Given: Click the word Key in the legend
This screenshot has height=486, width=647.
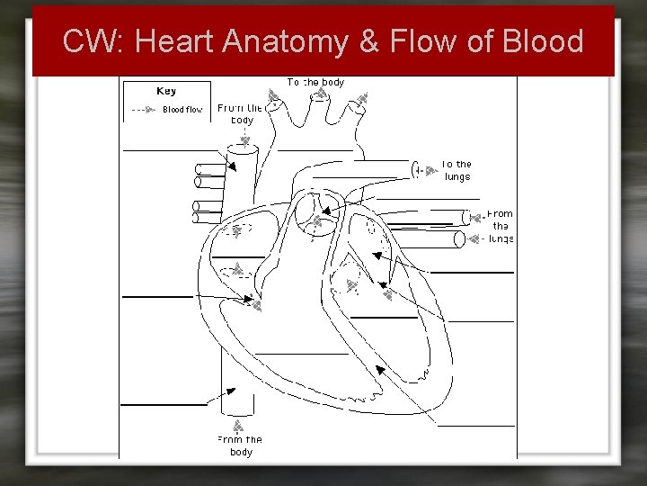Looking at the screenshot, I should click(166, 91).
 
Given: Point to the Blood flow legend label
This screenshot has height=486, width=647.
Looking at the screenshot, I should click(182, 110).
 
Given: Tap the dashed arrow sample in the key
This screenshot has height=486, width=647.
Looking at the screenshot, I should click(143, 110).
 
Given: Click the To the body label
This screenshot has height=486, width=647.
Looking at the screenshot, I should click(315, 82).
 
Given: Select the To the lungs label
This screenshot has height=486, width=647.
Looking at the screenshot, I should click(456, 170).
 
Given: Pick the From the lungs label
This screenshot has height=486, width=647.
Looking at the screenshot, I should click(500, 226).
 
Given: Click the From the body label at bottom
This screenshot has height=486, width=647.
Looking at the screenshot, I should click(240, 445).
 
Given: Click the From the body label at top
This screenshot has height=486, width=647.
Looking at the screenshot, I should click(241, 113).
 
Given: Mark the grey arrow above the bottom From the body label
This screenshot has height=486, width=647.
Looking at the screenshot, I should click(238, 425).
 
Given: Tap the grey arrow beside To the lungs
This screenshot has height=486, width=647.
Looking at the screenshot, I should click(417, 170).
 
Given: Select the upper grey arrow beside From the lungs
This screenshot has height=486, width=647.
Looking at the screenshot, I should click(475, 217).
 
